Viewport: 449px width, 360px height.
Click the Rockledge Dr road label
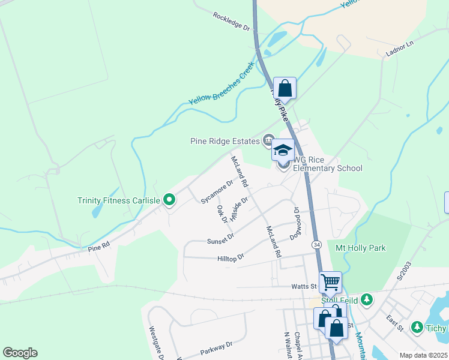point(231,21)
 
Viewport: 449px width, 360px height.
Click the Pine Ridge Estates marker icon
point(269,141)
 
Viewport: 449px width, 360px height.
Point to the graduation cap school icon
point(283,150)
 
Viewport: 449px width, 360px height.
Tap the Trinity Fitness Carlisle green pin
point(169,200)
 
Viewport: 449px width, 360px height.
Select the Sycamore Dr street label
point(217,191)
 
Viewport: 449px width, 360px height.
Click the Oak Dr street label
point(222,214)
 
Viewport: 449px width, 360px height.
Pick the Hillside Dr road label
point(239,209)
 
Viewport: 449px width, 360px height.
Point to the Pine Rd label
point(99,246)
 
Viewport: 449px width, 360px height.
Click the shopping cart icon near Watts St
point(330,281)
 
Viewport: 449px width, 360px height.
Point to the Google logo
point(20,353)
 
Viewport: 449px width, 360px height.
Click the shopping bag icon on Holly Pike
point(285,88)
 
